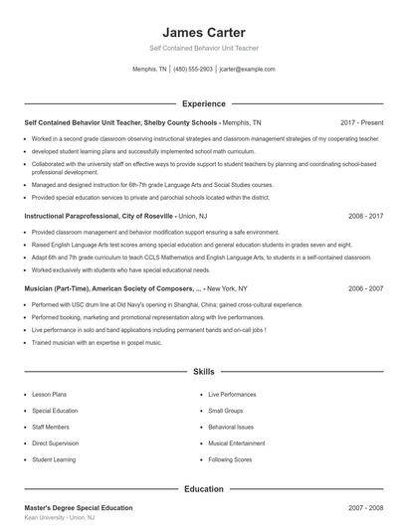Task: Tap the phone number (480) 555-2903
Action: [192, 70]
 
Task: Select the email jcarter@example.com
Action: [247, 70]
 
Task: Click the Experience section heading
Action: [203, 103]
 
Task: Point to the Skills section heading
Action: [203, 371]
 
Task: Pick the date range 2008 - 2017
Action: [366, 215]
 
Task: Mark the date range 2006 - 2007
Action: [366, 287]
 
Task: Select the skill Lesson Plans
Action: [50, 395]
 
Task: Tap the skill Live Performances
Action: [232, 395]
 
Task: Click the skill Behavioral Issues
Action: [230, 428]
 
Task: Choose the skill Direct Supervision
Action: [55, 443]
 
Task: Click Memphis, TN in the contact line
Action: [149, 70]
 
